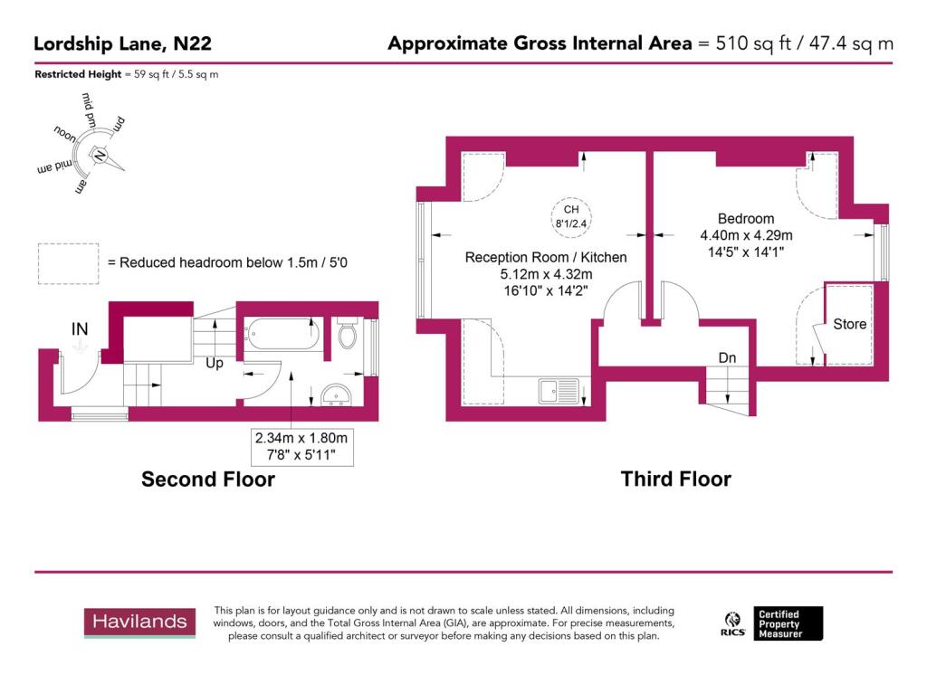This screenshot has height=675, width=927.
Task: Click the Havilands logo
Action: click(140, 622)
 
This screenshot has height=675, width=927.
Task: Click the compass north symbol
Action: click(100, 156)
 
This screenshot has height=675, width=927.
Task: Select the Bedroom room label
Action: click(746, 219)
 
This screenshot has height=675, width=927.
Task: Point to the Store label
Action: click(849, 324)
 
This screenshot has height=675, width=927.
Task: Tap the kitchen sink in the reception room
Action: click(559, 390)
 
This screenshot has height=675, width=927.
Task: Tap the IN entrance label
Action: click(80, 330)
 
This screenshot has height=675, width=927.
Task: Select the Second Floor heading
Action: click(207, 479)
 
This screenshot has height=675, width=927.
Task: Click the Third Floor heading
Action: click(675, 479)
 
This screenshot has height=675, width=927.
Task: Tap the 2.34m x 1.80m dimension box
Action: click(302, 446)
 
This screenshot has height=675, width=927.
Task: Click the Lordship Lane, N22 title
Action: click(123, 43)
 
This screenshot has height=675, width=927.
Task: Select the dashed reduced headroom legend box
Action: click(65, 261)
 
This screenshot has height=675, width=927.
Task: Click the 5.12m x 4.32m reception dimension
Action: click(546, 275)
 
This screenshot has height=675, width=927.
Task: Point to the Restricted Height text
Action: click(126, 74)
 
